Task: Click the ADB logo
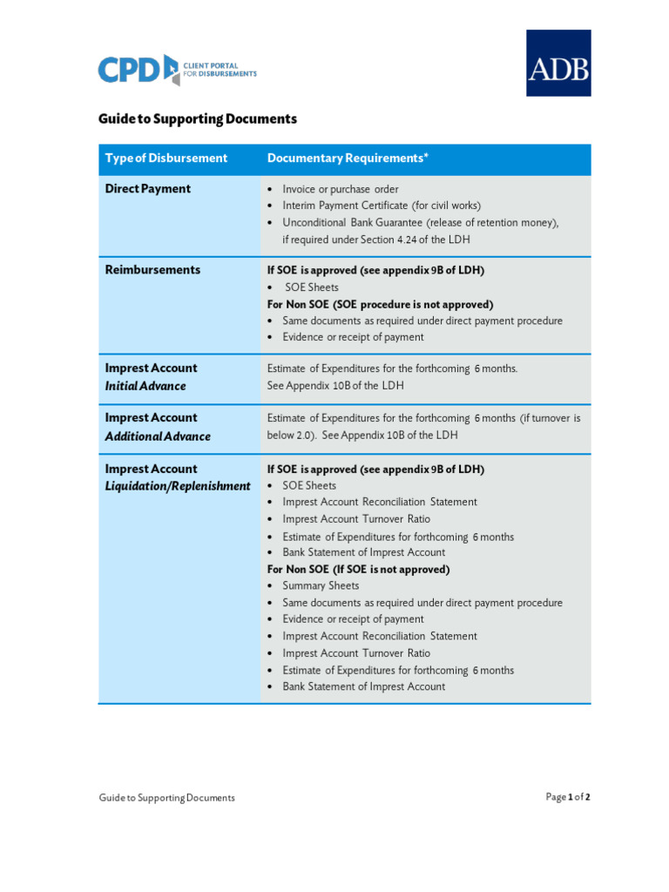click(558, 63)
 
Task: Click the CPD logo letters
click(129, 70)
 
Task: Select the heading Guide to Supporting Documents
click(198, 118)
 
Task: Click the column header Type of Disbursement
click(166, 158)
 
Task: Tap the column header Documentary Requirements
click(348, 158)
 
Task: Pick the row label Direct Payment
click(148, 189)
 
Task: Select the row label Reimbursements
click(152, 270)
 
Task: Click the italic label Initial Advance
click(145, 386)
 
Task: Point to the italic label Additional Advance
click(158, 436)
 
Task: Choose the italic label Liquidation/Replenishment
click(178, 486)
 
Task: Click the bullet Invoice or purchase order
click(341, 189)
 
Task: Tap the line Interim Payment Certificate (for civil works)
click(382, 206)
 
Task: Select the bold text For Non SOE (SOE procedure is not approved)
click(380, 304)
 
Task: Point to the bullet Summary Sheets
click(321, 586)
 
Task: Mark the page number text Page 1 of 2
click(568, 797)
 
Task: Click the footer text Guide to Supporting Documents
click(166, 797)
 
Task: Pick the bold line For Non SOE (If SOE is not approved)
click(358, 569)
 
